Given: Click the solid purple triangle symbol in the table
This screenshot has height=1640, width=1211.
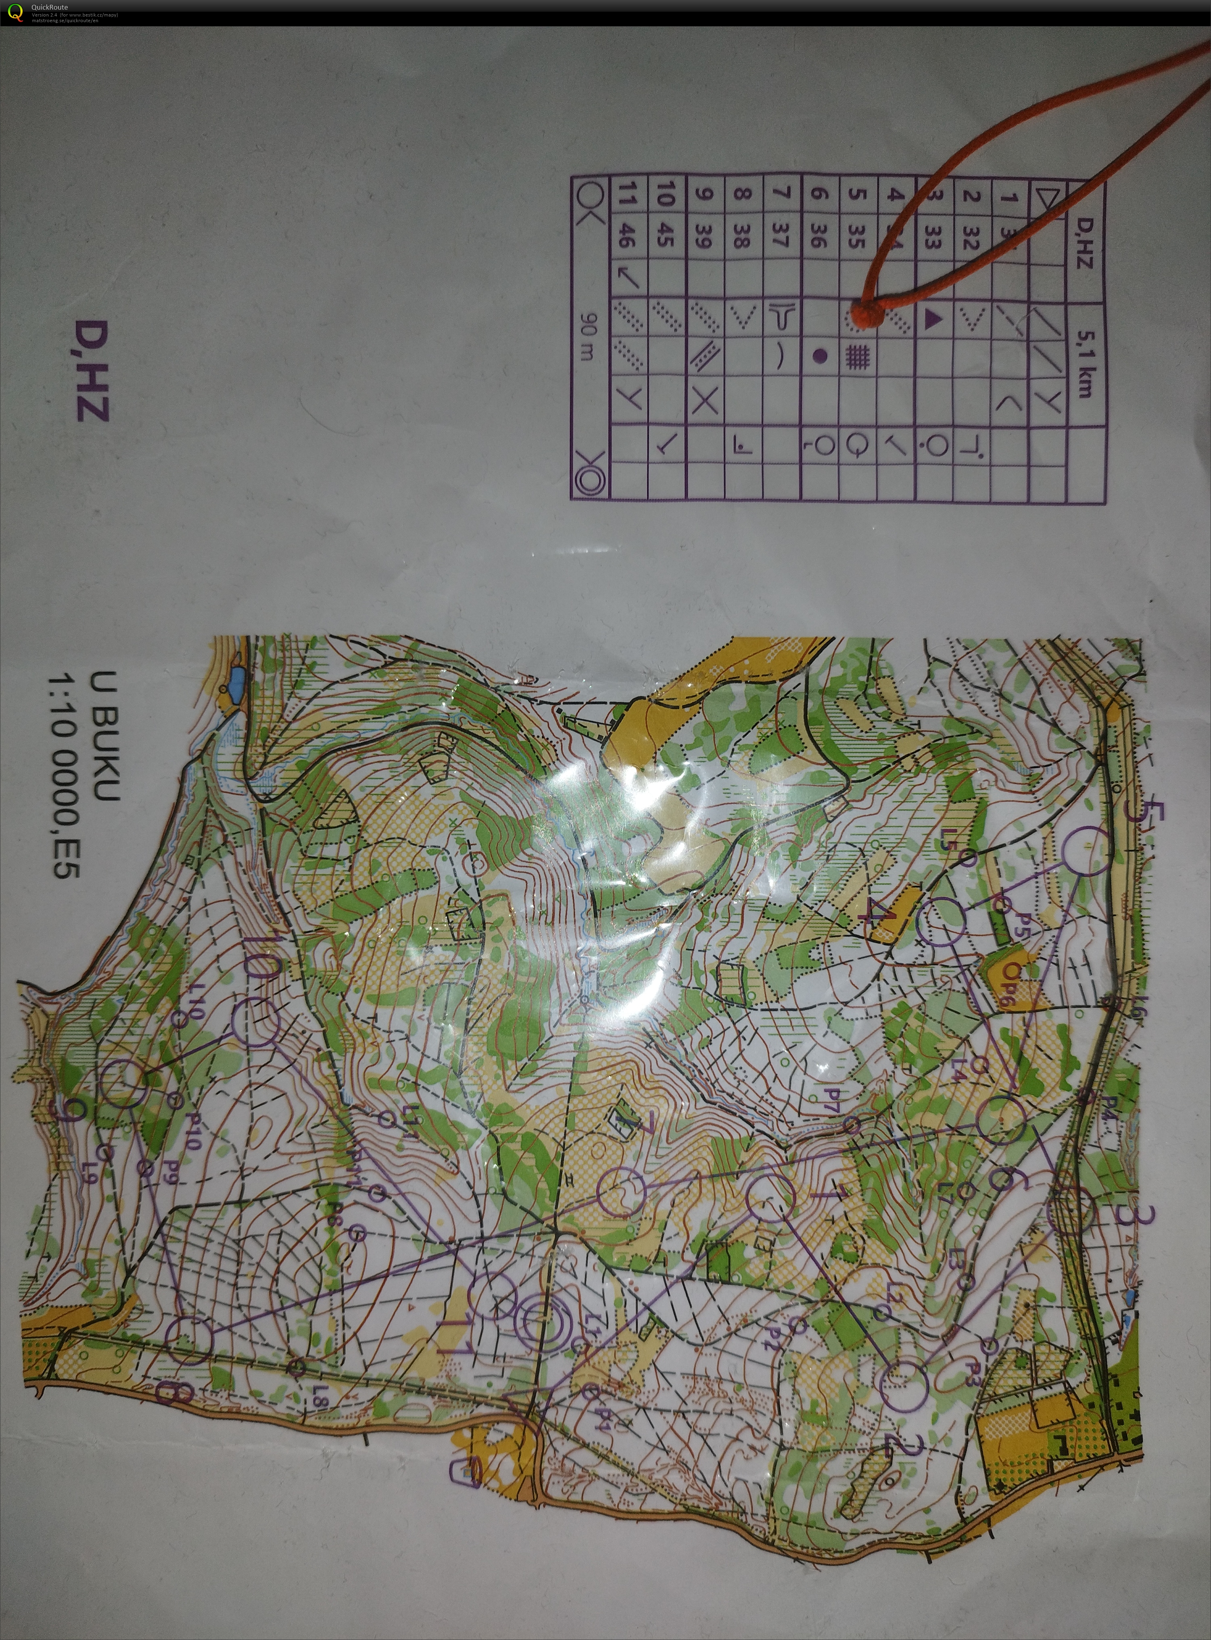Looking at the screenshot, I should (x=932, y=318).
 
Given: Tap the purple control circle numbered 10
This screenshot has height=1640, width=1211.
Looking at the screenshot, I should (x=256, y=1021).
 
